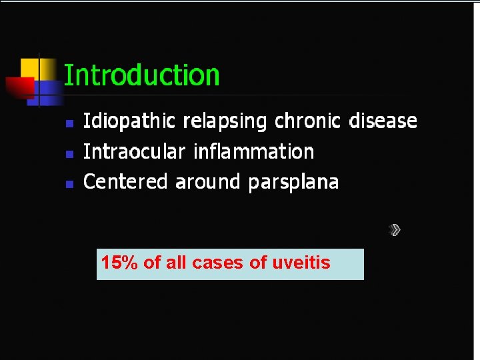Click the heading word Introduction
[141, 75]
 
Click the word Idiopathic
[129, 121]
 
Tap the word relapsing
[225, 122]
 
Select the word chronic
[307, 121]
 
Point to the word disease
[383, 121]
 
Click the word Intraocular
[134, 152]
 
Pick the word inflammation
[253, 152]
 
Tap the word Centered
[125, 181]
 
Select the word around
[209, 181]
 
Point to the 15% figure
[119, 263]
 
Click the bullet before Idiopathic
[69, 123]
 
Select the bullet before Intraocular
[69, 153]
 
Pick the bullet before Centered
[69, 183]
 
